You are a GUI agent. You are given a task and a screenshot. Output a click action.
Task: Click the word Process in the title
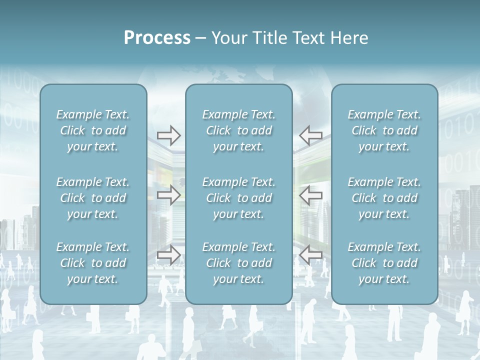pos(157,38)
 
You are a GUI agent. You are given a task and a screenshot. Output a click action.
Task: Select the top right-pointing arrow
pos(168,135)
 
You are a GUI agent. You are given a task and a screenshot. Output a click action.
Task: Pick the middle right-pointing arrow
pos(168,195)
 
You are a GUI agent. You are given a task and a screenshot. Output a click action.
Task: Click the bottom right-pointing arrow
pos(168,255)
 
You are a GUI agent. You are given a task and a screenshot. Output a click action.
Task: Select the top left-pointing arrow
pos(311,135)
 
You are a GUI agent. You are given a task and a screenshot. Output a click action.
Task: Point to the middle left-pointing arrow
pos(311,195)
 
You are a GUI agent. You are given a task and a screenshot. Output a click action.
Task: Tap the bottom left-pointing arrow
pos(311,255)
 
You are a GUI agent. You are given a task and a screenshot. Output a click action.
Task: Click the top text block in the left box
pos(93,130)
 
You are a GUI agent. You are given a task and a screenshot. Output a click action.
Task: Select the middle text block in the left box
pos(93,198)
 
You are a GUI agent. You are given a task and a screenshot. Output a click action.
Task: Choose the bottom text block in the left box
pos(93,263)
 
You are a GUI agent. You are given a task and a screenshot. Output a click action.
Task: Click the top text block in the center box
pos(239,130)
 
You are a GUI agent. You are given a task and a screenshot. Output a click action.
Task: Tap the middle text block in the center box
pos(239,198)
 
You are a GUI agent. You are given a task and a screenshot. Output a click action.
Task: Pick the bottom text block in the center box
pos(239,263)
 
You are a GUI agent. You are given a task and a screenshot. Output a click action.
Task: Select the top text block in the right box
pos(384,130)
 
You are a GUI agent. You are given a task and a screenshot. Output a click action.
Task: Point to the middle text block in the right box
pos(384,198)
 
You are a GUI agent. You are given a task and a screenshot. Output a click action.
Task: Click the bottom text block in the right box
pos(384,263)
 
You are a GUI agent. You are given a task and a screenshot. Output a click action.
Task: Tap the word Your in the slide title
pos(228,38)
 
